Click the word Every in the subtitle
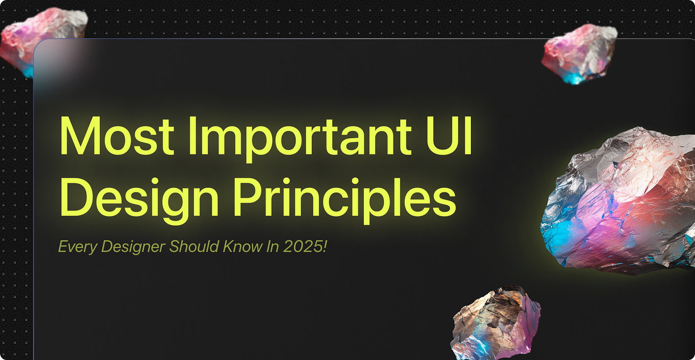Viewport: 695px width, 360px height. click(77, 247)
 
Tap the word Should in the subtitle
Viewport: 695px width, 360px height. click(194, 246)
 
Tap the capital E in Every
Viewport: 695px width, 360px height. click(62, 246)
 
